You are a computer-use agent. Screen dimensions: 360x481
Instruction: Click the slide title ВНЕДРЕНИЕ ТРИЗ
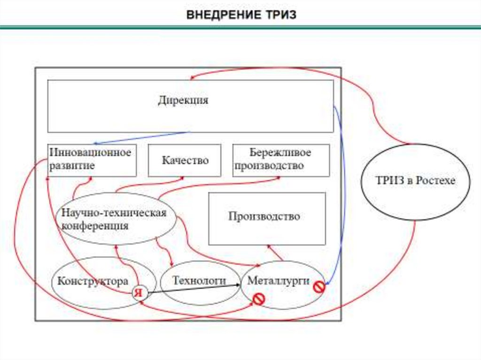[x=241, y=15]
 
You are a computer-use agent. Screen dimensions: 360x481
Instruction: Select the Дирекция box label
[x=183, y=100]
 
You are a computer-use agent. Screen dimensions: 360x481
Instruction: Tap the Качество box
[x=185, y=161]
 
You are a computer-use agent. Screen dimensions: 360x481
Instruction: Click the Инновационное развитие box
[x=92, y=160]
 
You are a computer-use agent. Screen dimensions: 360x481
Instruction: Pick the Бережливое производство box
[x=280, y=160]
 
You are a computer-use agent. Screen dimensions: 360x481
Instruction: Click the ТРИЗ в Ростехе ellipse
[x=415, y=181]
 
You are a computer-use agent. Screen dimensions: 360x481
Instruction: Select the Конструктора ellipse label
[x=93, y=282]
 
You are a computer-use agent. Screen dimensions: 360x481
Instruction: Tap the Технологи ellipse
[x=200, y=281]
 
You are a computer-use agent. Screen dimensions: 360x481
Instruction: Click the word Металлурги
[x=278, y=281]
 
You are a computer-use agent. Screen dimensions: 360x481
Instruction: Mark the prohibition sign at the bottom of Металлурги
[x=258, y=298]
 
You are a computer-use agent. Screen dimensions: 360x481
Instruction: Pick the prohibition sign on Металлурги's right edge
[x=319, y=286]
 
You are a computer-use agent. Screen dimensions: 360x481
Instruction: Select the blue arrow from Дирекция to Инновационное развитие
[x=141, y=138]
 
